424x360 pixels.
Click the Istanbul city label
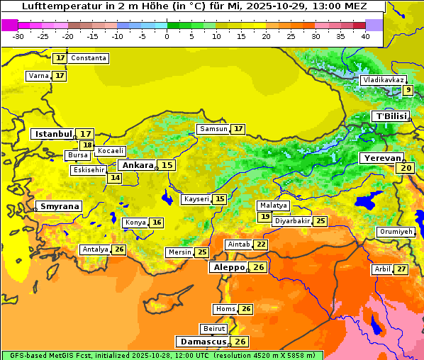coord(54,134)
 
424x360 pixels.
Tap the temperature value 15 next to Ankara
coord(167,165)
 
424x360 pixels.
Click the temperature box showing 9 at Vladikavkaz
coord(408,90)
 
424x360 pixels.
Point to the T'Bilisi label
coord(391,116)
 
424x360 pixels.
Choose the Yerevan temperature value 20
coord(406,168)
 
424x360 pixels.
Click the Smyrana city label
coord(60,206)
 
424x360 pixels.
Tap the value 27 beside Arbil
coord(401,269)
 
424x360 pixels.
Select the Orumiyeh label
coord(395,232)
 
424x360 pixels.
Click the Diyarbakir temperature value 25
coord(320,221)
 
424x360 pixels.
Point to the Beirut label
coord(214,329)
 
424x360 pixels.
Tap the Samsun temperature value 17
coord(238,129)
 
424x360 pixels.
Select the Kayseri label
coord(196,199)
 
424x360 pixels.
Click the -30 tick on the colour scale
coord(18,35)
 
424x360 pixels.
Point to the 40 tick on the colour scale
coord(365,35)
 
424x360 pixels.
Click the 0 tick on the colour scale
coord(167,35)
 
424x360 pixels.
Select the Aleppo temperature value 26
coord(259,267)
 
